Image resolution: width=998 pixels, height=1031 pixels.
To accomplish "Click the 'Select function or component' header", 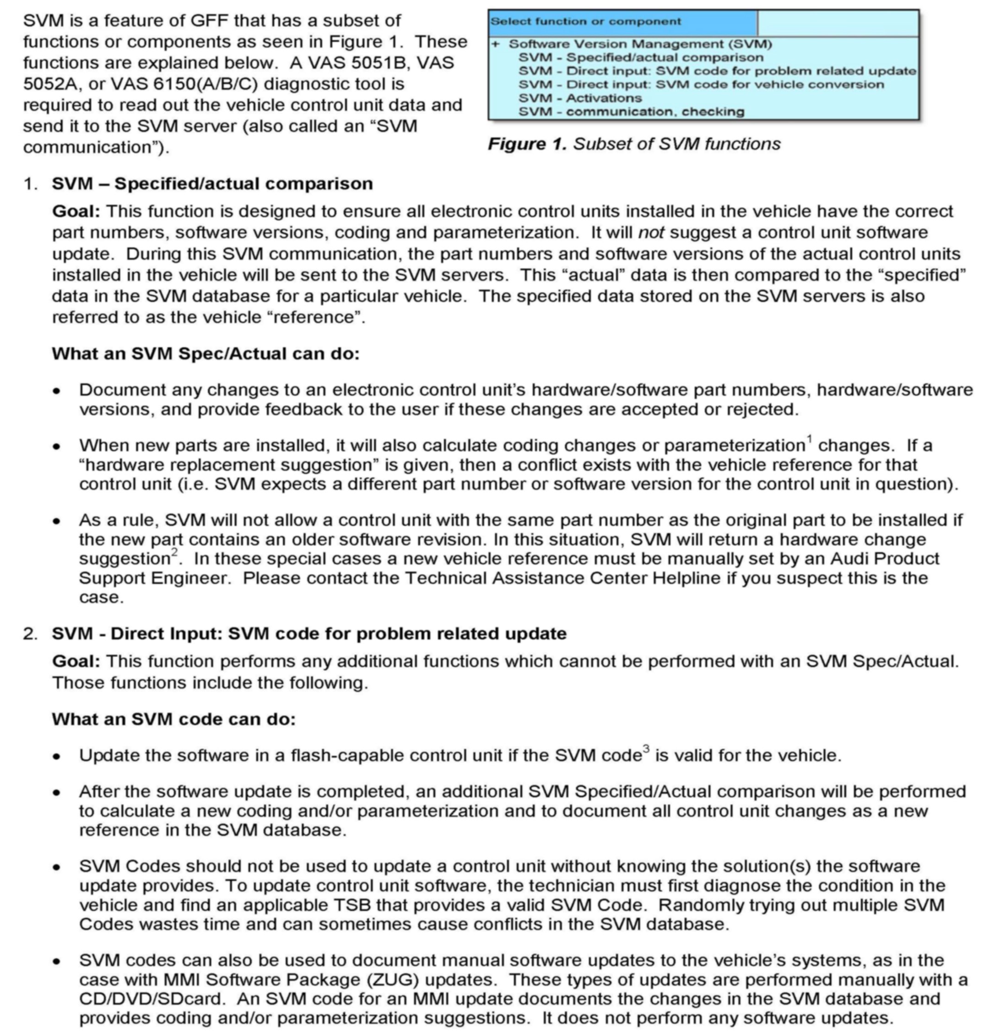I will (585, 22).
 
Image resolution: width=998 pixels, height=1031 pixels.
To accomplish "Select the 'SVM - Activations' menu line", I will (580, 98).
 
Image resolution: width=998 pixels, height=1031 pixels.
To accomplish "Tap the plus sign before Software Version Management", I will (495, 44).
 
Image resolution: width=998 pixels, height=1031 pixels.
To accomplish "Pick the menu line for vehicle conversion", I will (701, 85).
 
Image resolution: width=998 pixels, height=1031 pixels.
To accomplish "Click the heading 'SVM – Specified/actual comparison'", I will (212, 184).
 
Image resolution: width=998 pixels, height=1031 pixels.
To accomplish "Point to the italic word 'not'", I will (651, 232).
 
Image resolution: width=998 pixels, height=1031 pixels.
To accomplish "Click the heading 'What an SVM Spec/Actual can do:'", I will (206, 353).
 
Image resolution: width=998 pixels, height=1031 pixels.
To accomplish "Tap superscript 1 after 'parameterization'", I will (810, 438).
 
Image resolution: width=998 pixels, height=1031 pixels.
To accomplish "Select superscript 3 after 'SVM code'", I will (646, 749).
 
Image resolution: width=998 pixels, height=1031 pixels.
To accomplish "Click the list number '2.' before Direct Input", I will (30, 634).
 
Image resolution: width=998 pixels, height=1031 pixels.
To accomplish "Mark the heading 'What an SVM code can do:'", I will (173, 719).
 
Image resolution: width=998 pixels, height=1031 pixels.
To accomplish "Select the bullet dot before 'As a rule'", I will (57, 521).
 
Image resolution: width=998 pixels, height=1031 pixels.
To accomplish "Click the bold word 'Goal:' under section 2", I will (76, 661).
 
